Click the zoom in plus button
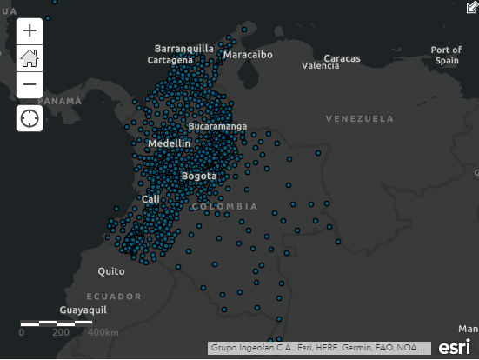tap(30, 30)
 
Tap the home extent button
tap(30, 58)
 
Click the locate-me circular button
tap(30, 118)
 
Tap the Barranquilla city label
tap(183, 48)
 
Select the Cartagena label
tap(170, 60)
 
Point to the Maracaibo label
tap(248, 54)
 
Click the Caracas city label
tap(342, 58)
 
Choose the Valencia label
tap(320, 66)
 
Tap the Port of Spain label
tap(446, 56)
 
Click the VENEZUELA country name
tap(360, 117)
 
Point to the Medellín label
tap(169, 143)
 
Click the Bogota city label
tap(199, 177)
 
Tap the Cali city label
tap(151, 200)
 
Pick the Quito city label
tap(110, 271)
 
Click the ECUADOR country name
tap(113, 297)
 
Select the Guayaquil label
tap(83, 310)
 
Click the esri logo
tap(455, 347)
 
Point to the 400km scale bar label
tap(103, 333)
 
